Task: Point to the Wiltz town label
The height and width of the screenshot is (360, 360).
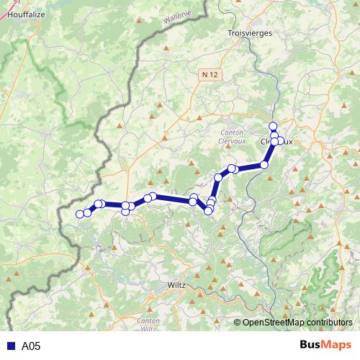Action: (x=176, y=285)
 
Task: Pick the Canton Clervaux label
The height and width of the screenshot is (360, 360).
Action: (x=231, y=138)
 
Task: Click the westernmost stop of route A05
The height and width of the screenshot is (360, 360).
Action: (x=80, y=214)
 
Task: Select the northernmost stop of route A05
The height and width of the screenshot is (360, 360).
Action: (x=273, y=127)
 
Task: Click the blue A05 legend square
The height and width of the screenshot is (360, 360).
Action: (x=10, y=346)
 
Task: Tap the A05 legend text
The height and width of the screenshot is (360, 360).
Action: (x=31, y=346)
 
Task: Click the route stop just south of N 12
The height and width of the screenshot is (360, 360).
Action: (x=218, y=177)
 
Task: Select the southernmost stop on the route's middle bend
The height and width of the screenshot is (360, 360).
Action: (x=210, y=210)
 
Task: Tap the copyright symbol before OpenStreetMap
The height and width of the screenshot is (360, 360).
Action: (x=238, y=323)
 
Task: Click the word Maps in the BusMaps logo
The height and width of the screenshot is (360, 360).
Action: (x=338, y=346)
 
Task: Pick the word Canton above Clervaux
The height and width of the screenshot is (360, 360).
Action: (x=231, y=133)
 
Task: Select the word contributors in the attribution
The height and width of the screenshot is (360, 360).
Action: (x=328, y=323)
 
